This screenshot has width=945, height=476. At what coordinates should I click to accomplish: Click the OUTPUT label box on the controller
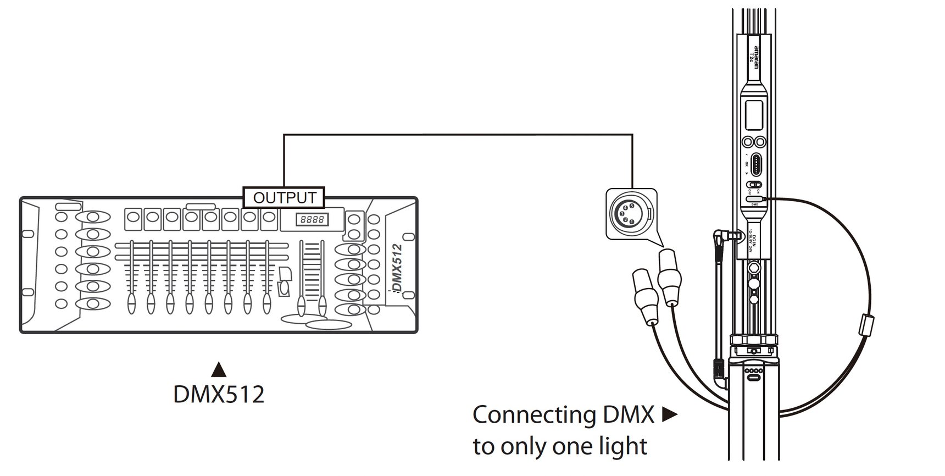coord(284,197)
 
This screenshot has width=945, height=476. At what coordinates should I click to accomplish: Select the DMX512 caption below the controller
coord(219,394)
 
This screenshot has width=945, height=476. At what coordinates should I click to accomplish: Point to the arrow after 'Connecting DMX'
coord(669,415)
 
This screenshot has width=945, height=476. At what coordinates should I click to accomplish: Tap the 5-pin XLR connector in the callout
coord(627,213)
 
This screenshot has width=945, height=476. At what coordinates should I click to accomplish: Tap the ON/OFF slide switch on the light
coord(754,185)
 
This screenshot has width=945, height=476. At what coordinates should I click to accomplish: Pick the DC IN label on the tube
coord(754,240)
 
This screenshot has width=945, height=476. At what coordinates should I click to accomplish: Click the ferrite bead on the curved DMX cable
coord(866,325)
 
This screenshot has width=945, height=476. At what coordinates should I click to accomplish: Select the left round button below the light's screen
coord(748,142)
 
